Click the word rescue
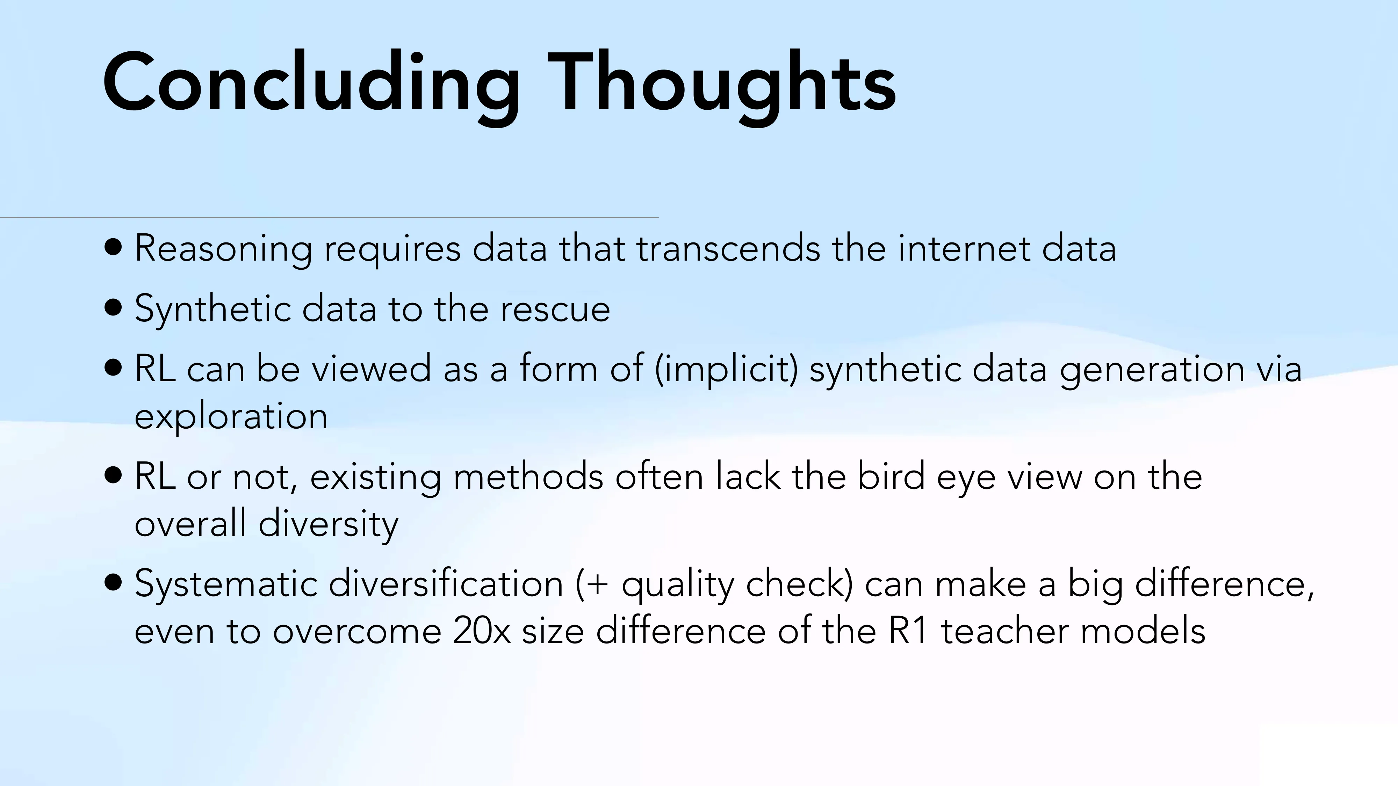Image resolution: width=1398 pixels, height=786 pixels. tap(555, 309)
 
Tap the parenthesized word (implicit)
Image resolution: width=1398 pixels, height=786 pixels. tap(726, 369)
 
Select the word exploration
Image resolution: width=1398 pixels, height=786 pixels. tap(231, 417)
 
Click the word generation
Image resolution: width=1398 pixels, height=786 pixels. tap(1152, 369)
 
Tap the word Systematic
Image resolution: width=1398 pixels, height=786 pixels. tap(226, 584)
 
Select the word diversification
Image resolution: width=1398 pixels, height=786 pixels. tap(446, 584)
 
